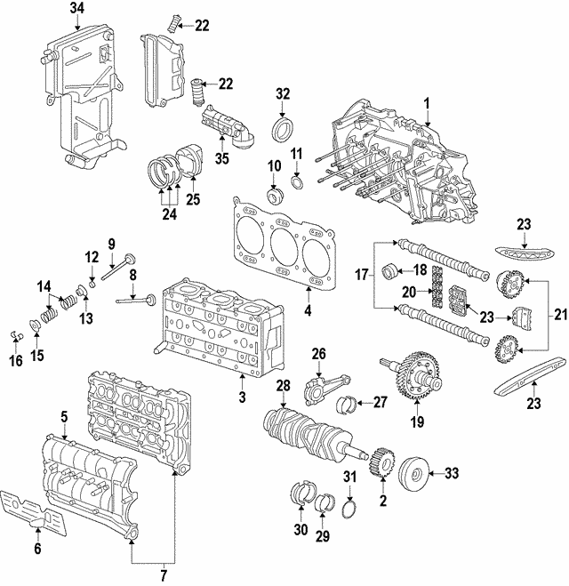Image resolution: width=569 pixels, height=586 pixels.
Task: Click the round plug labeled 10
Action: coord(273,195)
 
